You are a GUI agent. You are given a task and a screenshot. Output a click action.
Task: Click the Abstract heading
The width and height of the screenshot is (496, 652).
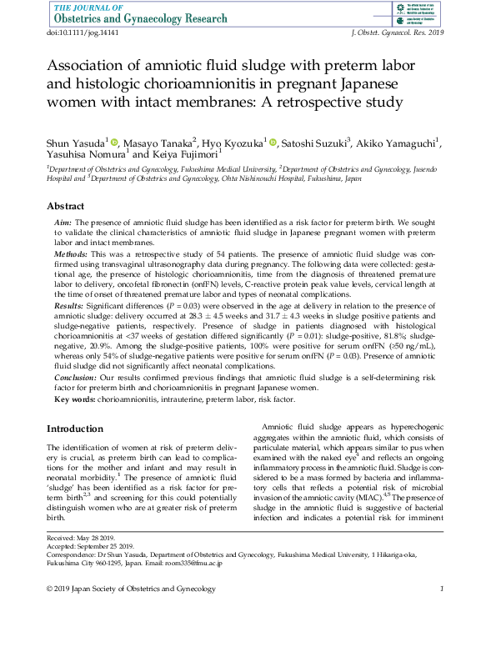tap(65, 206)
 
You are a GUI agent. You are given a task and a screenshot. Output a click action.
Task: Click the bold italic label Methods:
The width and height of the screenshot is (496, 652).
tap(71, 253)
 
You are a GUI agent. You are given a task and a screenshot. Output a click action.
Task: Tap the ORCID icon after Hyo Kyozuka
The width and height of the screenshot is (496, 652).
tap(273, 143)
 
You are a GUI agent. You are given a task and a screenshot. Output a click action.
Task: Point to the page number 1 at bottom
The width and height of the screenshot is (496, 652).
tap(441, 590)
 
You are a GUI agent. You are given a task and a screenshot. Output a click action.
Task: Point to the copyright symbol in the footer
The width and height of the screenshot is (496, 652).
tap(50, 590)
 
